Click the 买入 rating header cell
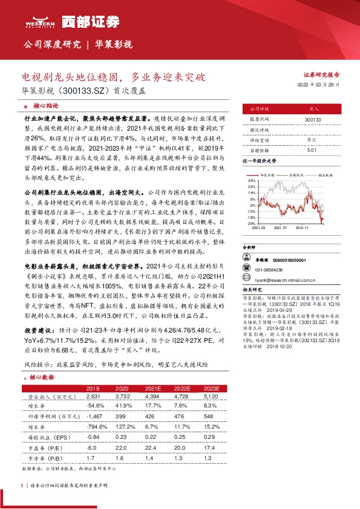coord(313,109)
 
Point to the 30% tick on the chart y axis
coord(250,180)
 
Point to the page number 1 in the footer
coord(22,485)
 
